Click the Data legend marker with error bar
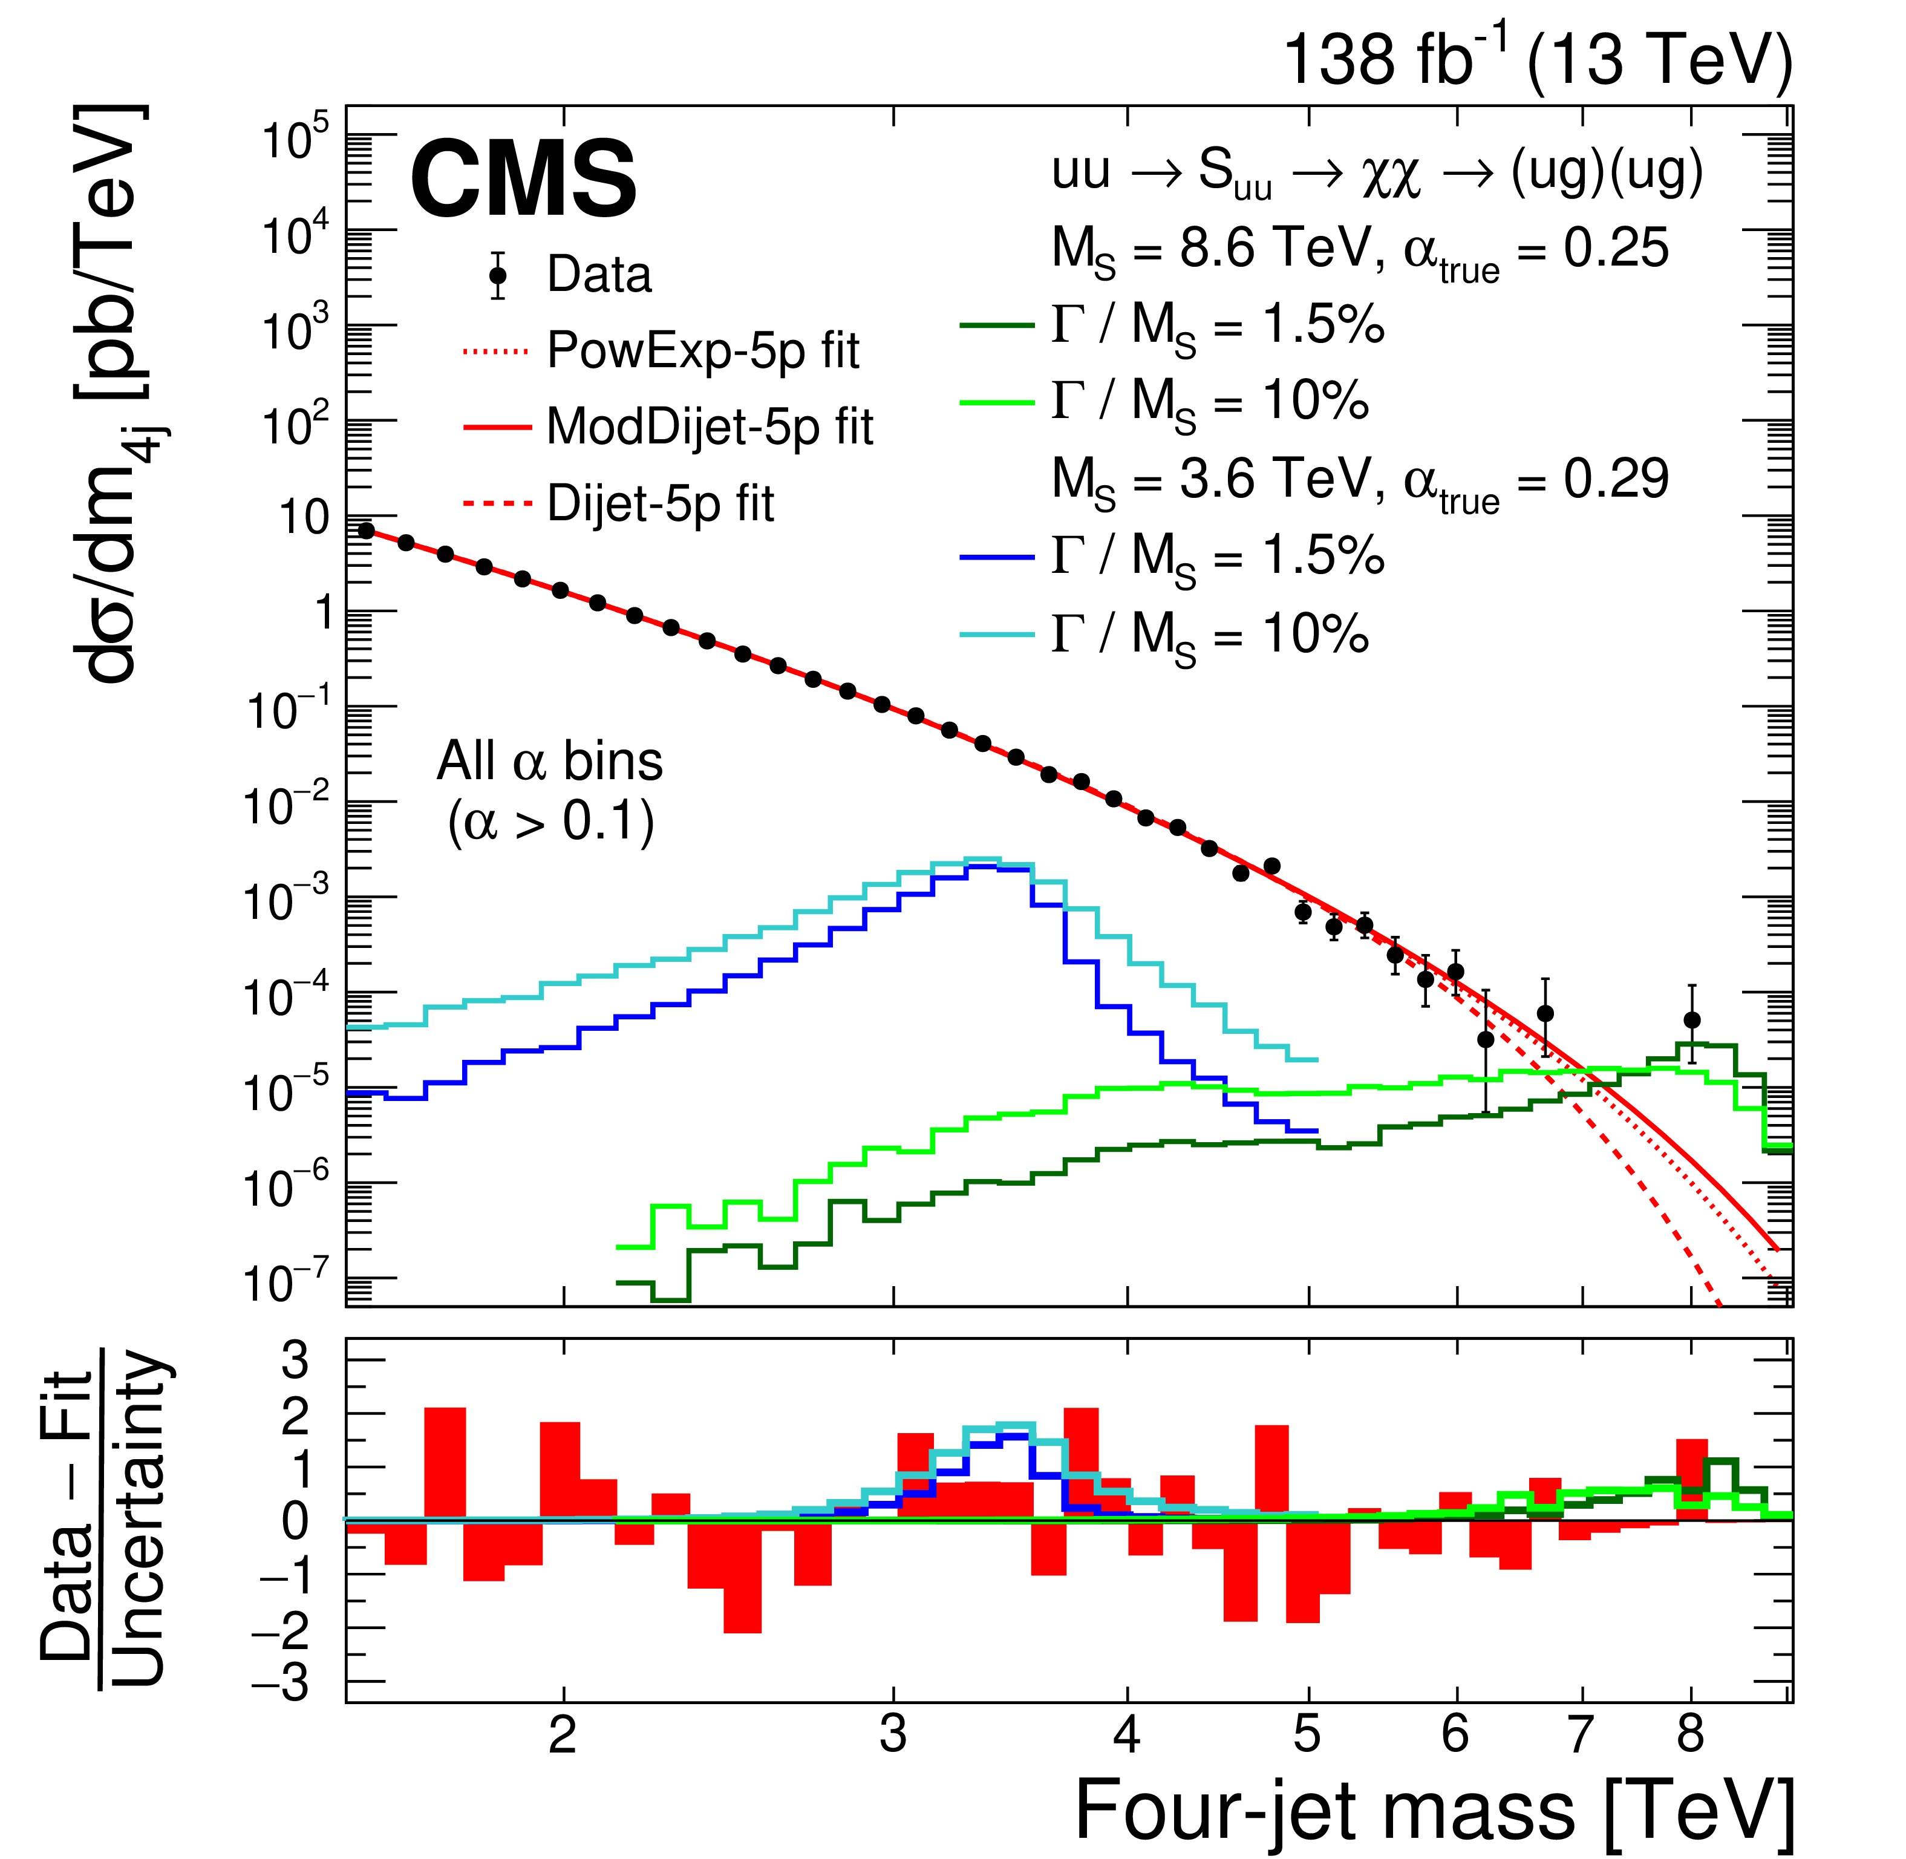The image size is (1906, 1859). [498, 275]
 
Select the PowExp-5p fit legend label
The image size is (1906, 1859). [703, 350]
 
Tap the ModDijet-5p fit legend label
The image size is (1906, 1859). [710, 426]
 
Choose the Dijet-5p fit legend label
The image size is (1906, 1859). [661, 504]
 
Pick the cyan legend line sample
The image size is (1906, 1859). [997, 635]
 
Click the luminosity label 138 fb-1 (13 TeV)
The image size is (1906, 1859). [1538, 60]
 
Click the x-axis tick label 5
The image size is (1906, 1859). [1307, 1735]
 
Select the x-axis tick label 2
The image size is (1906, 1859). [563, 1735]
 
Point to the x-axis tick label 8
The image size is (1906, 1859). [1690, 1735]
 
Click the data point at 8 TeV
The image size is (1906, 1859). [1692, 1021]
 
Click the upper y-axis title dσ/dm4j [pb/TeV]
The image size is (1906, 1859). [113, 391]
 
